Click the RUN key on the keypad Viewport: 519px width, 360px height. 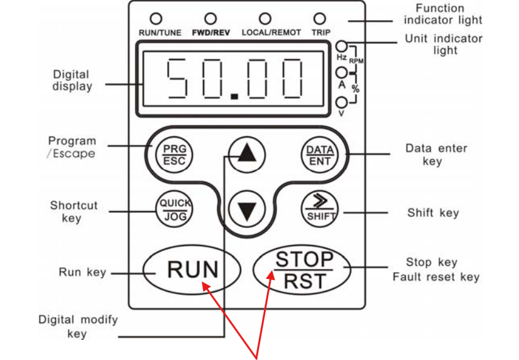tap(192, 270)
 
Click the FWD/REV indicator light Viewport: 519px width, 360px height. tap(210, 19)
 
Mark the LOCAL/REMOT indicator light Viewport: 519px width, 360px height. tap(265, 19)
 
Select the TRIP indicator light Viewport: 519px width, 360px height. tap(320, 19)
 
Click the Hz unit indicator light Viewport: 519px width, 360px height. tap(342, 45)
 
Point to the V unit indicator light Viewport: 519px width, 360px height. tap(342, 102)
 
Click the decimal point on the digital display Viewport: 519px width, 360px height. tap(234, 97)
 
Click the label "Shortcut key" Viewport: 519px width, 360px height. tap(74, 212)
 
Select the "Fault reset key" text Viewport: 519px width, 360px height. tap(435, 277)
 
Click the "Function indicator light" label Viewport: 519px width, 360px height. tap(442, 14)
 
